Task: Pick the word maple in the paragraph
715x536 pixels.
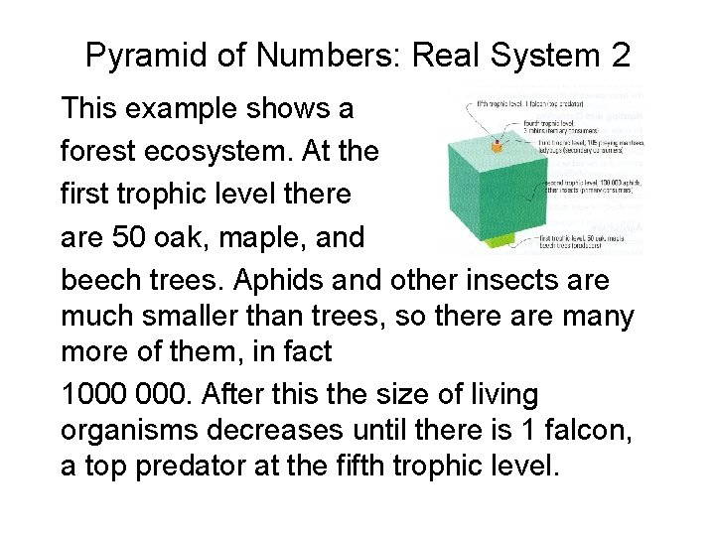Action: [x=250, y=238]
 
